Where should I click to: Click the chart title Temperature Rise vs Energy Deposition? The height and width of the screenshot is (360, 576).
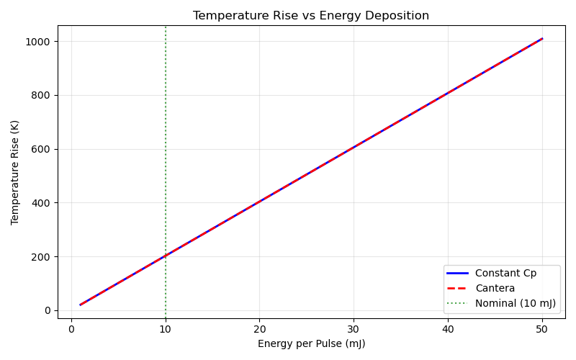pyautogui.click(x=311, y=16)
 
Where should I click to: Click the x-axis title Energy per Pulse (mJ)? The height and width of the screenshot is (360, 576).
pyautogui.click(x=311, y=343)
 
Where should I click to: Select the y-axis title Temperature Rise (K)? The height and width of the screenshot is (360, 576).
pyautogui.click(x=15, y=172)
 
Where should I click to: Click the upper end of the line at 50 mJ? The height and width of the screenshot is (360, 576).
pyautogui.click(x=541, y=38)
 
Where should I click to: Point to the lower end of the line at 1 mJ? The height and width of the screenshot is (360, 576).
pyautogui.click(x=81, y=305)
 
